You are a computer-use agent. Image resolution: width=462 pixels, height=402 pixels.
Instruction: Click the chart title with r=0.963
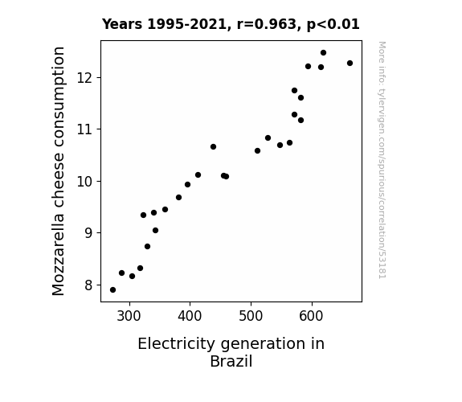231,24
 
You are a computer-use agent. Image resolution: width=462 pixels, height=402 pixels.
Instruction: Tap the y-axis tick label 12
85,78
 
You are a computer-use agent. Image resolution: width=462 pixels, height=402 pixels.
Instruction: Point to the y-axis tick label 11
85,129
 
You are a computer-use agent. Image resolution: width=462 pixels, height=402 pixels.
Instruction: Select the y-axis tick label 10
85,182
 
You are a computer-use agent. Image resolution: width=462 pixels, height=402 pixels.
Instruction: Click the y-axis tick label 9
88,233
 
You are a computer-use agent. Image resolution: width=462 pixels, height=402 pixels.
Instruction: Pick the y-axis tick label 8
88,285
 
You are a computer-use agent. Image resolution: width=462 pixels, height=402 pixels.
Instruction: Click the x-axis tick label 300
129,316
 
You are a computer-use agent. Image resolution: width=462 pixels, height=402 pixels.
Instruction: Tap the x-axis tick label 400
190,316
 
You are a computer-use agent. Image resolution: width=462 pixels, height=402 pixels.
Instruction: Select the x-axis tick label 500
251,316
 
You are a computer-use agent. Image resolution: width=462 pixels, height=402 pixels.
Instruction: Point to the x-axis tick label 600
312,316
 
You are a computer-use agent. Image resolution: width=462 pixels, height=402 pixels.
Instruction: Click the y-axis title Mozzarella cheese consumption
58,171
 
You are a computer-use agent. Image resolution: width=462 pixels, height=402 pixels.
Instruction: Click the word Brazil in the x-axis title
231,361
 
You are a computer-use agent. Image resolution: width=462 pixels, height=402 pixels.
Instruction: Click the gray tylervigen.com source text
382,160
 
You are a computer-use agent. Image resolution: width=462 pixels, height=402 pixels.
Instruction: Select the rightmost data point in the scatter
350,64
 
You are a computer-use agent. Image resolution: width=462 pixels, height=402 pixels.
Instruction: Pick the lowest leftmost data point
112,290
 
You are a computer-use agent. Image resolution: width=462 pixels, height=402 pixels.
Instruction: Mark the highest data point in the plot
323,53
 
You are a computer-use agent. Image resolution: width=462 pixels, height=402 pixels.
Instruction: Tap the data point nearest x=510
257,150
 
